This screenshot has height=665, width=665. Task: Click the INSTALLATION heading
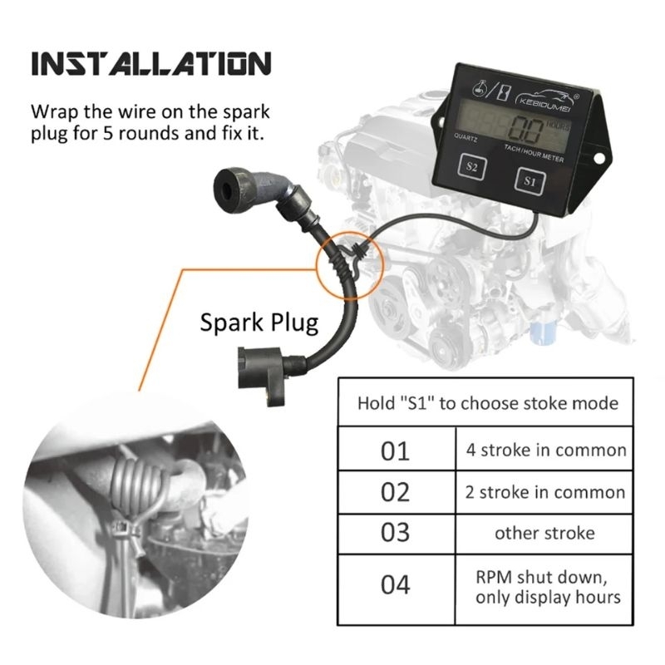pos(151,64)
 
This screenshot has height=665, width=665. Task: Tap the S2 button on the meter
pos(471,166)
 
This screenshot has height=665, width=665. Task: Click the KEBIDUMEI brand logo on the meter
pos(547,99)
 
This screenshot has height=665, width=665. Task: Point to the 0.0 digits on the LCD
pos(527,130)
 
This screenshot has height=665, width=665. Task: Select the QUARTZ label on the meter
pos(465,137)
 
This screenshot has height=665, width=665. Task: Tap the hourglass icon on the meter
pos(504,92)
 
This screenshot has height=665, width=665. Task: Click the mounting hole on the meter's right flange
pos(598,158)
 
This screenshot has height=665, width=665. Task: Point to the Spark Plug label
pos(259,323)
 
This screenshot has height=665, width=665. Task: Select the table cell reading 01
pos(397,449)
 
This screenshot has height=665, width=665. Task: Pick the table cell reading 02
pos(397,492)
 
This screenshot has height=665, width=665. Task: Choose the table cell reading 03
pos(397,534)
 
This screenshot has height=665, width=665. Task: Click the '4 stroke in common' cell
pos(544,449)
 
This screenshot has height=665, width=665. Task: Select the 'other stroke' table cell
pos(544,534)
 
